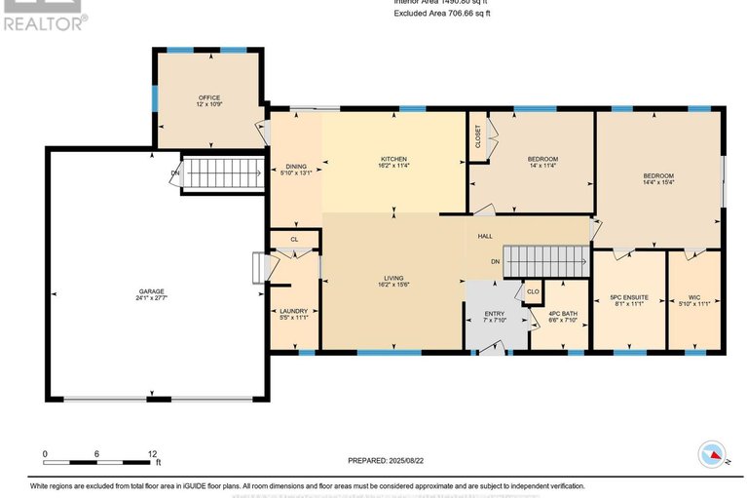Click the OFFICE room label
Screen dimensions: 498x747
(209, 97)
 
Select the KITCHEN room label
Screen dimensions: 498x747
(393, 159)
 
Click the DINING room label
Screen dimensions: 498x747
(295, 167)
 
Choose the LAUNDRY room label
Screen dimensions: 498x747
(293, 312)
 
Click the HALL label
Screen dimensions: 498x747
(485, 237)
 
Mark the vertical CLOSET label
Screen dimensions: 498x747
(478, 136)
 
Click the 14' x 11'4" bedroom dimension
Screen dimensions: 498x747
(542, 166)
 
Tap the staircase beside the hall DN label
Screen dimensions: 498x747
(546, 261)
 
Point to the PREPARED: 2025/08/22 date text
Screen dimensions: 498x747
(388, 460)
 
